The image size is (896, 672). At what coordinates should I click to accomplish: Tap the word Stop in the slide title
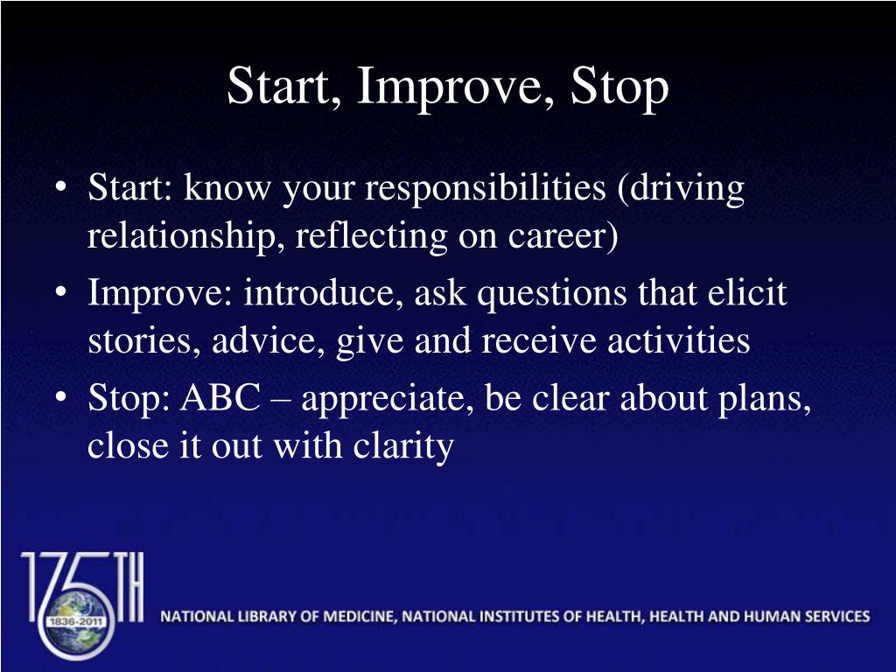(x=620, y=87)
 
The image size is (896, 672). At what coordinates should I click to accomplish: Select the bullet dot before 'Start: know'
(x=62, y=190)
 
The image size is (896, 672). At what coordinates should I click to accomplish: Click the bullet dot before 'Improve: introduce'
(x=62, y=295)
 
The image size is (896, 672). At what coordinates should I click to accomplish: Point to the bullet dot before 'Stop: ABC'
(x=62, y=400)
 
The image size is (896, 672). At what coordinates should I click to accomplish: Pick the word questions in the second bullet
(x=551, y=295)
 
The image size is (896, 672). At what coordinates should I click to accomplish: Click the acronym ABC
(x=220, y=399)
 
